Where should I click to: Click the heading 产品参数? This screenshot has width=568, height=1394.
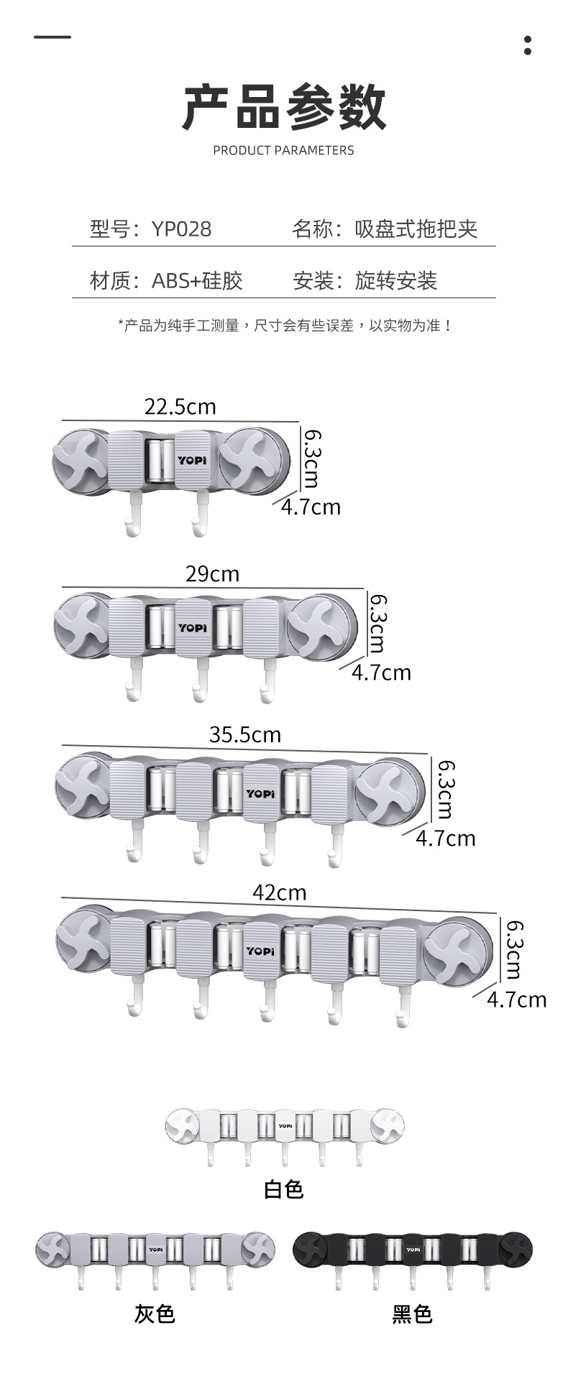[284, 108]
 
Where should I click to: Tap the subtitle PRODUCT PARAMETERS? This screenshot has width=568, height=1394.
[283, 150]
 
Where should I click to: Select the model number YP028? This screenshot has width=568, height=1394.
[181, 229]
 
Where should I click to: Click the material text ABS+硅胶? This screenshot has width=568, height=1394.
[197, 280]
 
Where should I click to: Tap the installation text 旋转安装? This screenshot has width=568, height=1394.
[396, 280]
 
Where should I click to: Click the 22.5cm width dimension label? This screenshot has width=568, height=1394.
[180, 407]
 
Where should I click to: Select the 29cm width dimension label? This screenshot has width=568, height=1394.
[212, 574]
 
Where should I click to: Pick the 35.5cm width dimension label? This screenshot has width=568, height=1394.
[245, 734]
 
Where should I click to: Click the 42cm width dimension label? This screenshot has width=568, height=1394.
[279, 892]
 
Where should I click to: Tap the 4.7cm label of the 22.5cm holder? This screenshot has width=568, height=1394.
[311, 507]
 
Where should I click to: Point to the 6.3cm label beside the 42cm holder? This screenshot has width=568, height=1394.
[513, 950]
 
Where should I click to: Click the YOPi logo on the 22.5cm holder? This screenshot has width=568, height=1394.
[192, 461]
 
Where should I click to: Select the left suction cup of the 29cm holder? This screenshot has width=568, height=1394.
[82, 624]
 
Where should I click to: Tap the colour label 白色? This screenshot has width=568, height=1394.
[284, 1189]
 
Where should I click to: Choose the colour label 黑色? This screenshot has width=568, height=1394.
[412, 1314]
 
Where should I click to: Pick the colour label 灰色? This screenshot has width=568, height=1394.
[155, 1314]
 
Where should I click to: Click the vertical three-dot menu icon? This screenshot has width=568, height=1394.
[528, 45]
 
